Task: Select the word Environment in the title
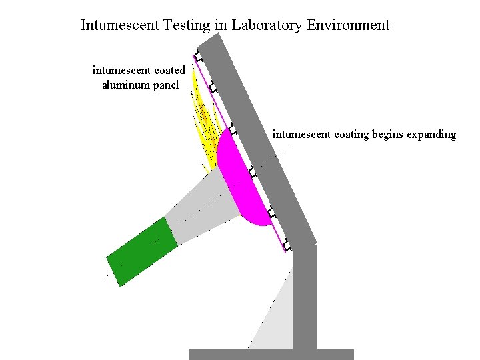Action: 348,25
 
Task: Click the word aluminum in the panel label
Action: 127,85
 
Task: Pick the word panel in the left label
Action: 166,85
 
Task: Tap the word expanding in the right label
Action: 429,135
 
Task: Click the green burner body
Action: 142,252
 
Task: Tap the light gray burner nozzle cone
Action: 200,203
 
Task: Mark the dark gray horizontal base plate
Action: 271,355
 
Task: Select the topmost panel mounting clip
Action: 197,57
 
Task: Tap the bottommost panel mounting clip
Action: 287,244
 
